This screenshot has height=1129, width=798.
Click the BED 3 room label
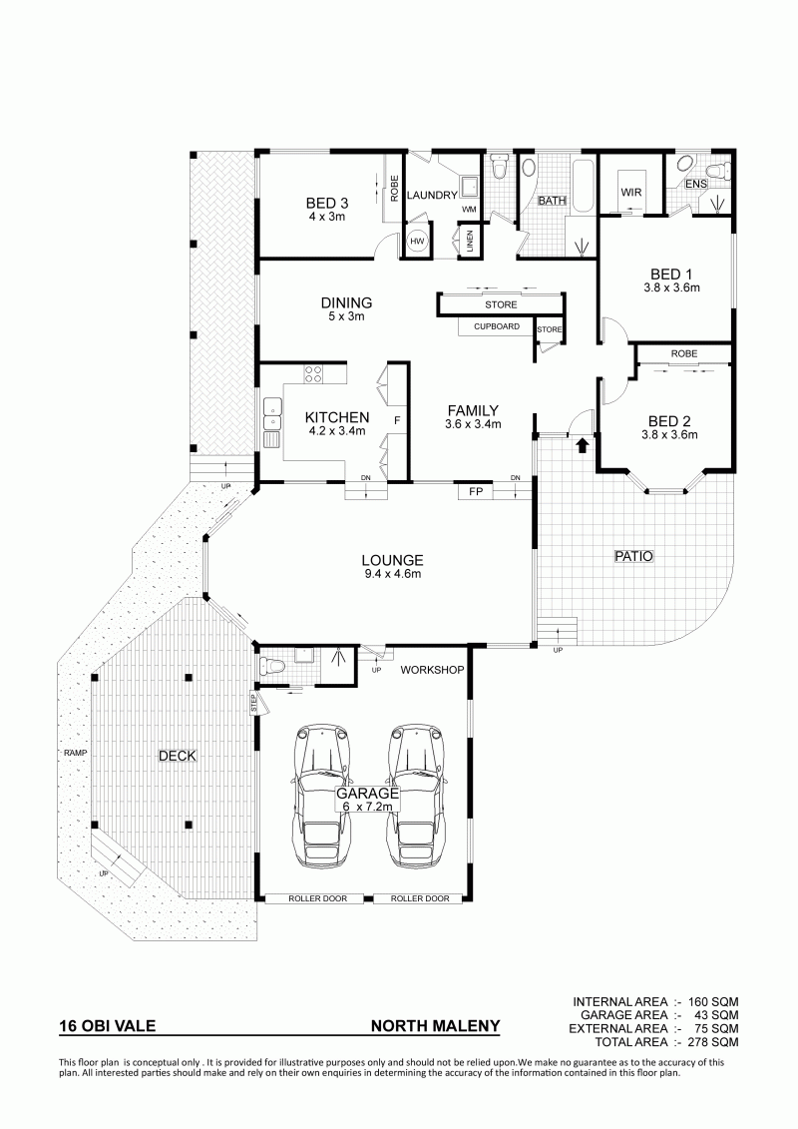[x=326, y=204]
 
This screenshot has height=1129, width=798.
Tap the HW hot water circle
[x=418, y=242]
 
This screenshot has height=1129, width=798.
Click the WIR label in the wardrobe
[x=631, y=193]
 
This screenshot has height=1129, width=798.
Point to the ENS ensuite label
[x=696, y=185]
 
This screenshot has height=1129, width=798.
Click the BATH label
[x=552, y=201]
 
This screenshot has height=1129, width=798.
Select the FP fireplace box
[x=475, y=492]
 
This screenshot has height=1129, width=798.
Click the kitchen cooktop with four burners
[x=313, y=373]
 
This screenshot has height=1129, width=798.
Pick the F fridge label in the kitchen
[x=396, y=420]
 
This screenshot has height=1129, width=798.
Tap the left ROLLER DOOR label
[x=318, y=898]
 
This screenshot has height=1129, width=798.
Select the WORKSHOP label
[x=432, y=670]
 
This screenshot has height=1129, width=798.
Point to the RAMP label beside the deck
[x=74, y=753]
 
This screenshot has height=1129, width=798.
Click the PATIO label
[x=634, y=556]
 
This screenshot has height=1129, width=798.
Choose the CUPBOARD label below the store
[x=497, y=326]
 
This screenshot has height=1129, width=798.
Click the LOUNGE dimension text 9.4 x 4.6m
[x=392, y=574]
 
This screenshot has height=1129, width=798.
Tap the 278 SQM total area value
[x=713, y=1042]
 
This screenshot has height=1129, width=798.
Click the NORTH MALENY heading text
[x=435, y=1026]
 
